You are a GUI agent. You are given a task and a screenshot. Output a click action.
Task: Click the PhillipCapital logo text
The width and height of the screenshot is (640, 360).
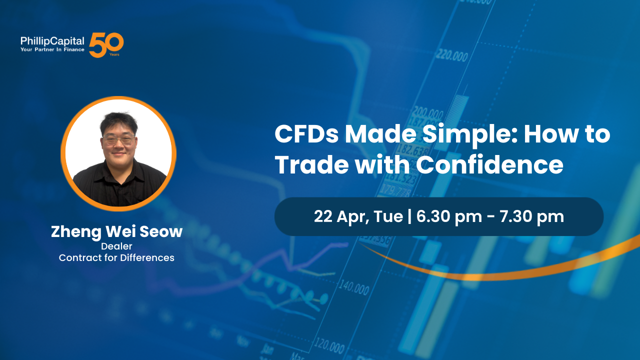tap(52, 41)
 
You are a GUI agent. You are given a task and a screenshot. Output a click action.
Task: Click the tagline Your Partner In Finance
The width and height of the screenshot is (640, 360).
tap(52, 50)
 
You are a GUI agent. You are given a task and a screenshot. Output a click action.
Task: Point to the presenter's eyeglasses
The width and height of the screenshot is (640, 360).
tap(118, 139)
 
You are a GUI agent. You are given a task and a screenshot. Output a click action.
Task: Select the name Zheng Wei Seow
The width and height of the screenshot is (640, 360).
tap(116, 232)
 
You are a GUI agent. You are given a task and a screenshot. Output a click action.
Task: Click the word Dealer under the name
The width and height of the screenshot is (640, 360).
tap(116, 246)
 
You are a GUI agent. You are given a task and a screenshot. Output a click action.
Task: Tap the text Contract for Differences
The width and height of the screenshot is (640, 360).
tap(116, 258)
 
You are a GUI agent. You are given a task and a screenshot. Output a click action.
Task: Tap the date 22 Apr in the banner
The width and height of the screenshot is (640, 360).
tap(333, 216)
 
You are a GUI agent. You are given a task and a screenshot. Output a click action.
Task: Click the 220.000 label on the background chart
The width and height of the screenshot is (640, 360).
tap(451, 55)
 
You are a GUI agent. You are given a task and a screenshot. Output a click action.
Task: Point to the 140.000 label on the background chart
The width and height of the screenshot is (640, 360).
tap(354, 287)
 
